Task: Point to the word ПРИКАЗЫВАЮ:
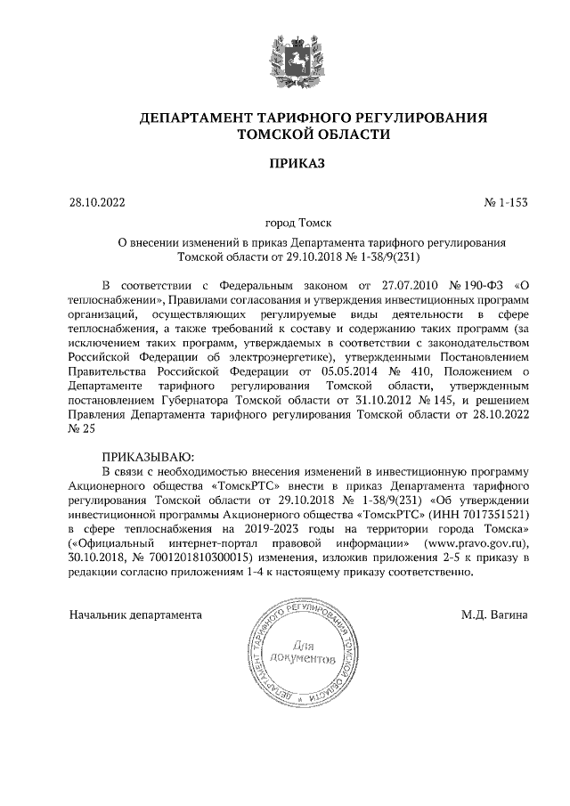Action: click(x=145, y=455)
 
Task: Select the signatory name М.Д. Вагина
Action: click(x=494, y=615)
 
